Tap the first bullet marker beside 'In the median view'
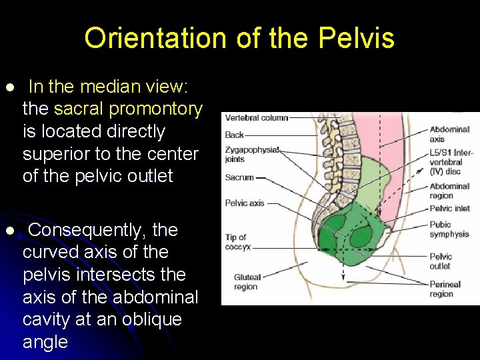pos(9,88)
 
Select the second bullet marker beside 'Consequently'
pos(9,231)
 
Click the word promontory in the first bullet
pos(155,109)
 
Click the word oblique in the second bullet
pos(150,319)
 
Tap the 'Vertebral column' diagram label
pos(257,118)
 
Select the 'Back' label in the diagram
pos(234,135)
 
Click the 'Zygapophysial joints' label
pos(251,154)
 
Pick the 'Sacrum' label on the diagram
pos(239,178)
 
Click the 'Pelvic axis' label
pos(245,203)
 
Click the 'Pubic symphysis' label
pos(449,229)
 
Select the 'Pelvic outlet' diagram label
pos(441,261)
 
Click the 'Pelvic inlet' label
pos(449,209)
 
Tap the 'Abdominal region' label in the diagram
pos(449,191)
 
